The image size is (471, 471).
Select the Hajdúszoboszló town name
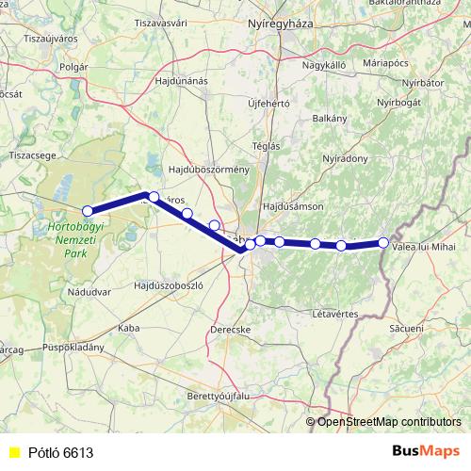[169, 284]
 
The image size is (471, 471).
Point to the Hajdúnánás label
[180, 81]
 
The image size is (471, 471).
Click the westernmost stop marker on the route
[88, 211]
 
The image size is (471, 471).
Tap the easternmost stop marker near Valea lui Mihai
[383, 243]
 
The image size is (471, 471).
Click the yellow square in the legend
[12, 453]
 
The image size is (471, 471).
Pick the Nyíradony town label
[345, 159]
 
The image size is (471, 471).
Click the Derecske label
[231, 330]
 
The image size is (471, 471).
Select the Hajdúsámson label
[294, 205]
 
